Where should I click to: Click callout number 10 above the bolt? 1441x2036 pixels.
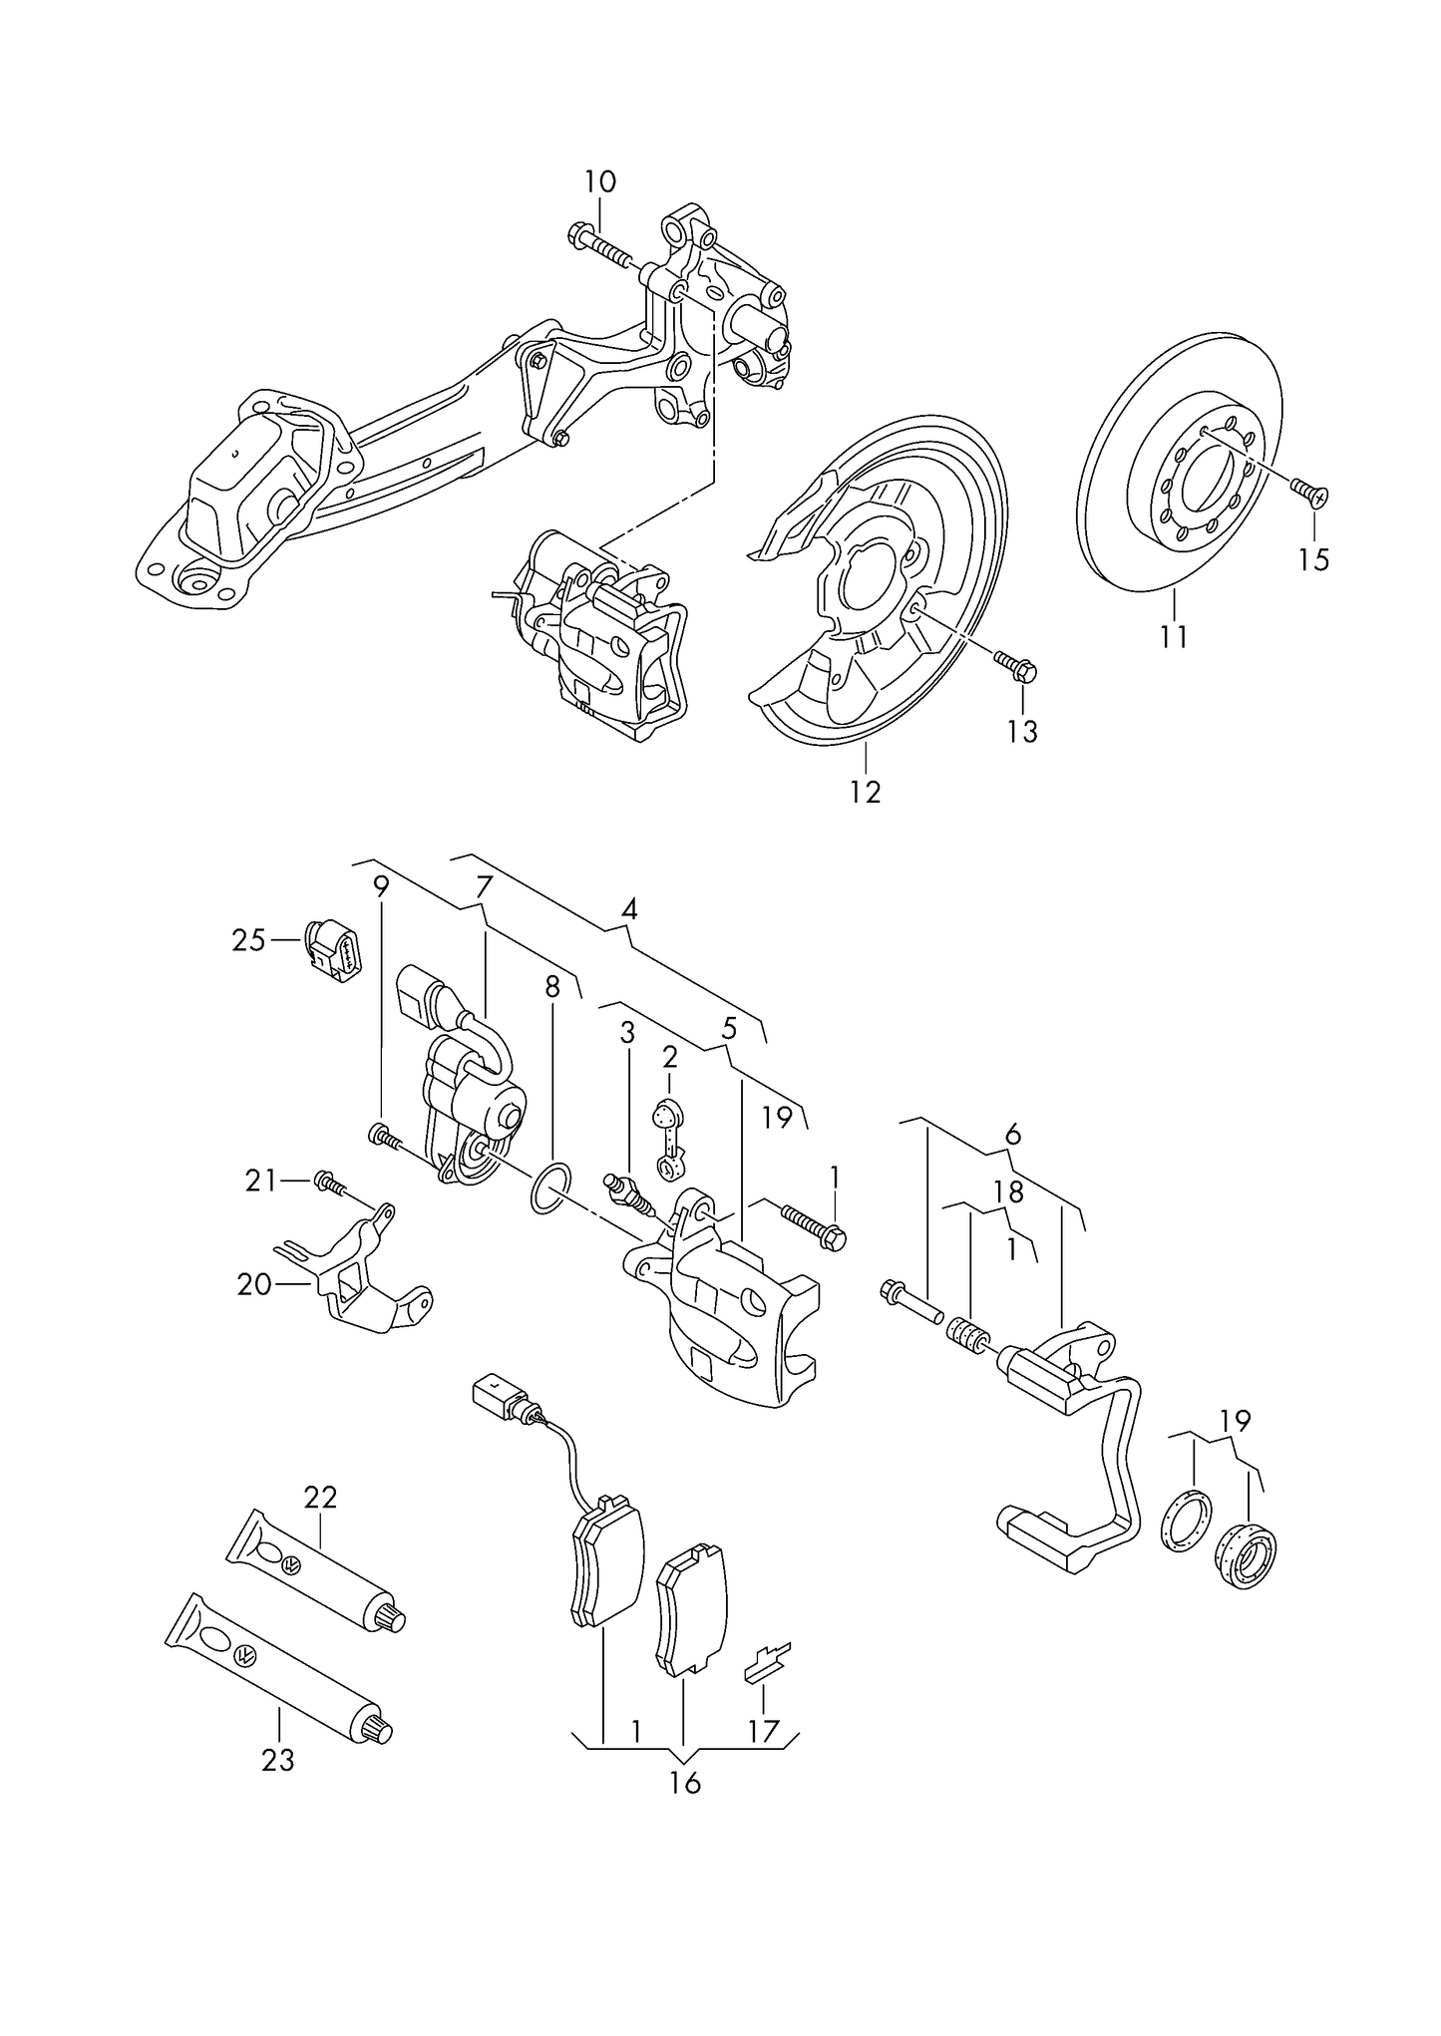tap(600, 181)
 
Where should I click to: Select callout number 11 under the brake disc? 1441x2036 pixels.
tap(1174, 635)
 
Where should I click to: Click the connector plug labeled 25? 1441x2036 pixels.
tap(335, 950)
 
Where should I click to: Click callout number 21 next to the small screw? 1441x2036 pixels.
tap(260, 1181)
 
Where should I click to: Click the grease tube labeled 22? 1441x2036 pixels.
tap(319, 1572)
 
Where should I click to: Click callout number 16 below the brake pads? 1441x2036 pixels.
tap(685, 1783)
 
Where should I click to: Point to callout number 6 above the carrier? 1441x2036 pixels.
tap(1013, 1134)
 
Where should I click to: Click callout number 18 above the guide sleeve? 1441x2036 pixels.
tap(1008, 1191)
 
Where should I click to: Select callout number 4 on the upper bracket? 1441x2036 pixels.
tap(628, 909)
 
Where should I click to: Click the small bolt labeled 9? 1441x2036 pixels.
tap(383, 1136)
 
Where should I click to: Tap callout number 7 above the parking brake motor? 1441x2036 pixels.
tap(484, 886)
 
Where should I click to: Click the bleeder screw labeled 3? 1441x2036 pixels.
tap(625, 1192)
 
